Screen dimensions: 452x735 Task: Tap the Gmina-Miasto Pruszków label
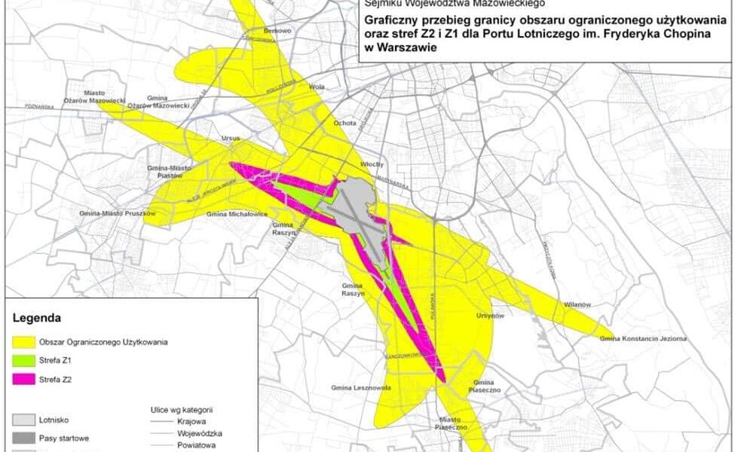tap(117, 214)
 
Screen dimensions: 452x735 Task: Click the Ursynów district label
tap(490, 316)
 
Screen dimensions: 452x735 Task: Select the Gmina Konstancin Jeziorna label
tap(643, 338)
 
